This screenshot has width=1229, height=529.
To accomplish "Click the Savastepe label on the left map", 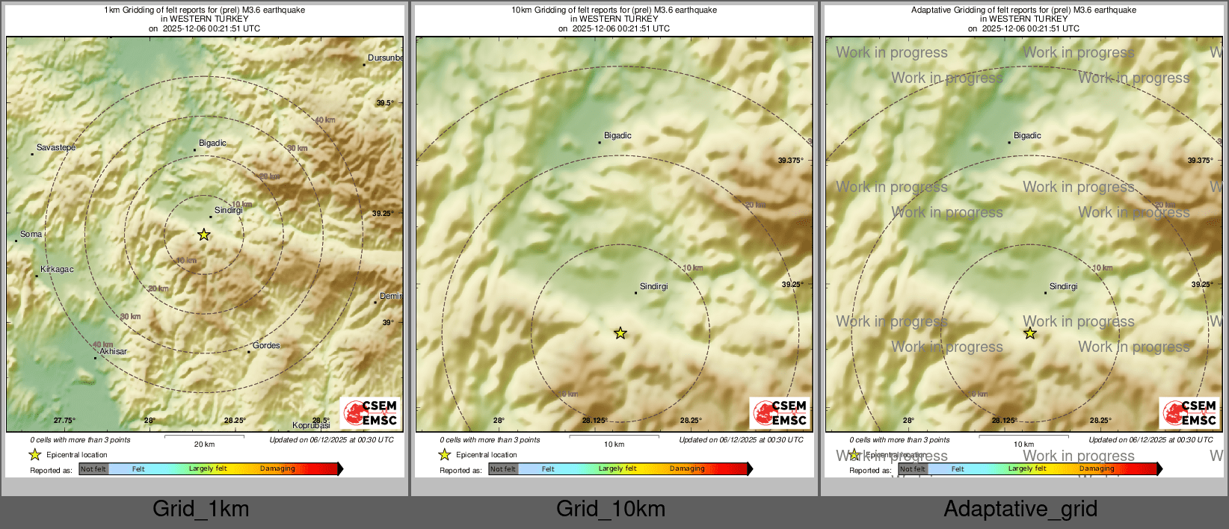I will pyautogui.click(x=56, y=148).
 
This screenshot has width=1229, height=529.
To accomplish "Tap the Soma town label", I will pyautogui.click(x=31, y=235).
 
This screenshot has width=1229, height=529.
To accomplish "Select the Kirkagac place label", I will pyautogui.click(x=57, y=270).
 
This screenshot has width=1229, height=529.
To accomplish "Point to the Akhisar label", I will pyautogui.click(x=113, y=352).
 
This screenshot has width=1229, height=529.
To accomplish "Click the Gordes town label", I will pyautogui.click(x=266, y=346).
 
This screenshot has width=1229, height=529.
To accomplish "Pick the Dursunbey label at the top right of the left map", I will pyautogui.click(x=385, y=58).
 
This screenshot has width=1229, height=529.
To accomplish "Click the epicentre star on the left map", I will pyautogui.click(x=204, y=235).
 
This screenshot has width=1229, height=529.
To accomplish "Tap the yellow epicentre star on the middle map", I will pyautogui.click(x=620, y=333).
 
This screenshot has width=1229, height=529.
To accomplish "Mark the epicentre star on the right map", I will pyautogui.click(x=1030, y=333).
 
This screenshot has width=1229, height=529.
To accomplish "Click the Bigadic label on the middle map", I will pyautogui.click(x=617, y=136).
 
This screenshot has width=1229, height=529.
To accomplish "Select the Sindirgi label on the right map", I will pyautogui.click(x=1063, y=287).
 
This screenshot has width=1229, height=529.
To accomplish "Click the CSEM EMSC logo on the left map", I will pyautogui.click(x=370, y=412).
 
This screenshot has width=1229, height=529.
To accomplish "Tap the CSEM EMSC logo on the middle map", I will pyautogui.click(x=780, y=412).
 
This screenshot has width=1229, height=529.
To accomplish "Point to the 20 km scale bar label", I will pyautogui.click(x=204, y=445).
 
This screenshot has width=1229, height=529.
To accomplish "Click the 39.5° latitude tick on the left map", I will pyautogui.click(x=384, y=103).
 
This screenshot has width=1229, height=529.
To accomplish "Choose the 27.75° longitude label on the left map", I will pyautogui.click(x=64, y=421).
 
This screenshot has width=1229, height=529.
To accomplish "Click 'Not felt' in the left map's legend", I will pyautogui.click(x=93, y=469).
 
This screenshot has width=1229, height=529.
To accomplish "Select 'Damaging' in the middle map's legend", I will pyautogui.click(x=687, y=469).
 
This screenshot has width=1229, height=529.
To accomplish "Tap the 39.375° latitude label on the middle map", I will pyautogui.click(x=790, y=161).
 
